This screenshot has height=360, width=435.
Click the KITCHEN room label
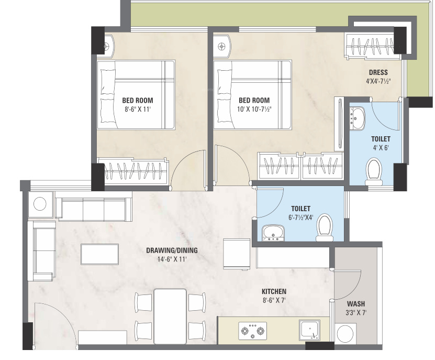point(274,291)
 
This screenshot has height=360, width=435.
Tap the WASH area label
point(356,303)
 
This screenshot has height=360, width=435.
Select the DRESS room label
point(378,72)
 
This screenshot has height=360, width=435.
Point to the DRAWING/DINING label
point(172,250)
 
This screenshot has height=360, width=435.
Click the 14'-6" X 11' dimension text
point(172,259)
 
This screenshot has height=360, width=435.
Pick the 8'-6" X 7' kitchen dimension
point(274,300)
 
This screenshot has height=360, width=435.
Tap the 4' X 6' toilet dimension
point(381,148)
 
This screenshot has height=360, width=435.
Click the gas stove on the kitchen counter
point(253,331)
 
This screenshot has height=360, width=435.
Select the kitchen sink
point(309,330)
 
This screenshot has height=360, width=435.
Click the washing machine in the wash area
point(345,334)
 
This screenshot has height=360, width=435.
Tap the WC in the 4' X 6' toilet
point(374,172)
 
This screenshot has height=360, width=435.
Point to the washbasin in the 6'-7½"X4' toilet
point(273,233)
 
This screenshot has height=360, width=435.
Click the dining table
point(170,317)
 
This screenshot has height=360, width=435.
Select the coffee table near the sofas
point(100,254)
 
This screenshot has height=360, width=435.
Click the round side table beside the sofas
point(40,204)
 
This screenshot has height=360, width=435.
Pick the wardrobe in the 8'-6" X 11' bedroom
point(133,171)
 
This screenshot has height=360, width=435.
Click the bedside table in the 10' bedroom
point(222,47)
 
